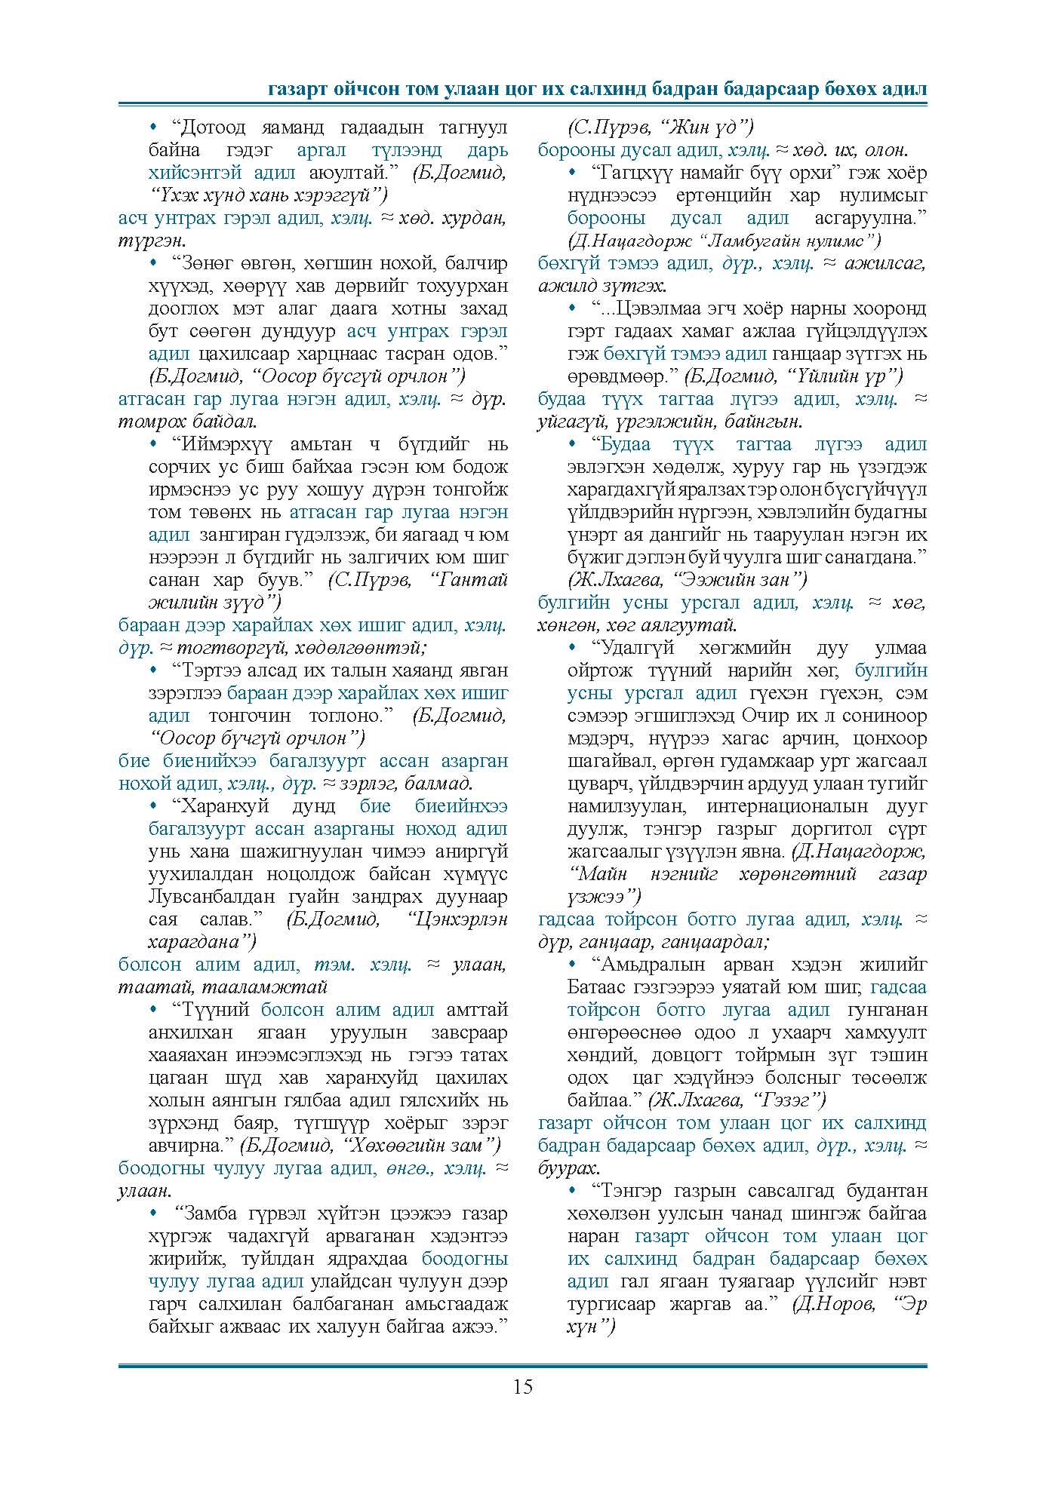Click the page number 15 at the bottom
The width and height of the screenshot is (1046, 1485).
click(x=522, y=1386)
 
